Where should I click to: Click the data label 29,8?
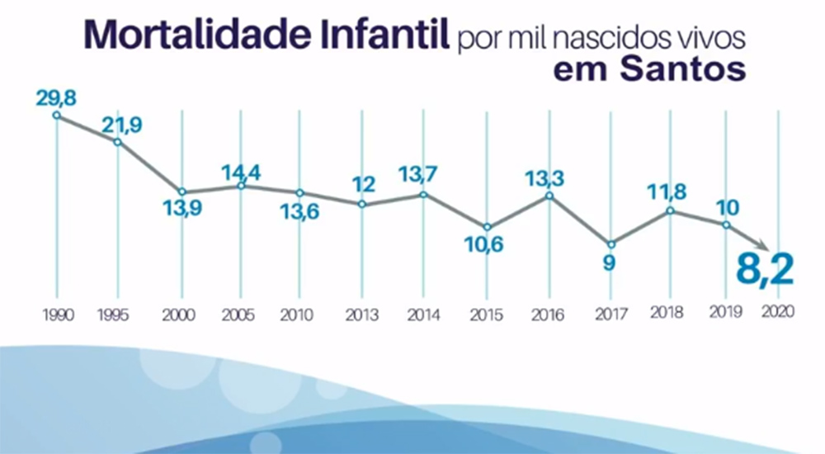58,97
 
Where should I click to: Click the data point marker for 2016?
549,196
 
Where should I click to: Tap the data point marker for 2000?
181,192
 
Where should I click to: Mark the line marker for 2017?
610,244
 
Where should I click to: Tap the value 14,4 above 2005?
241,173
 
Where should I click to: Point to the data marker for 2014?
423,195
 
